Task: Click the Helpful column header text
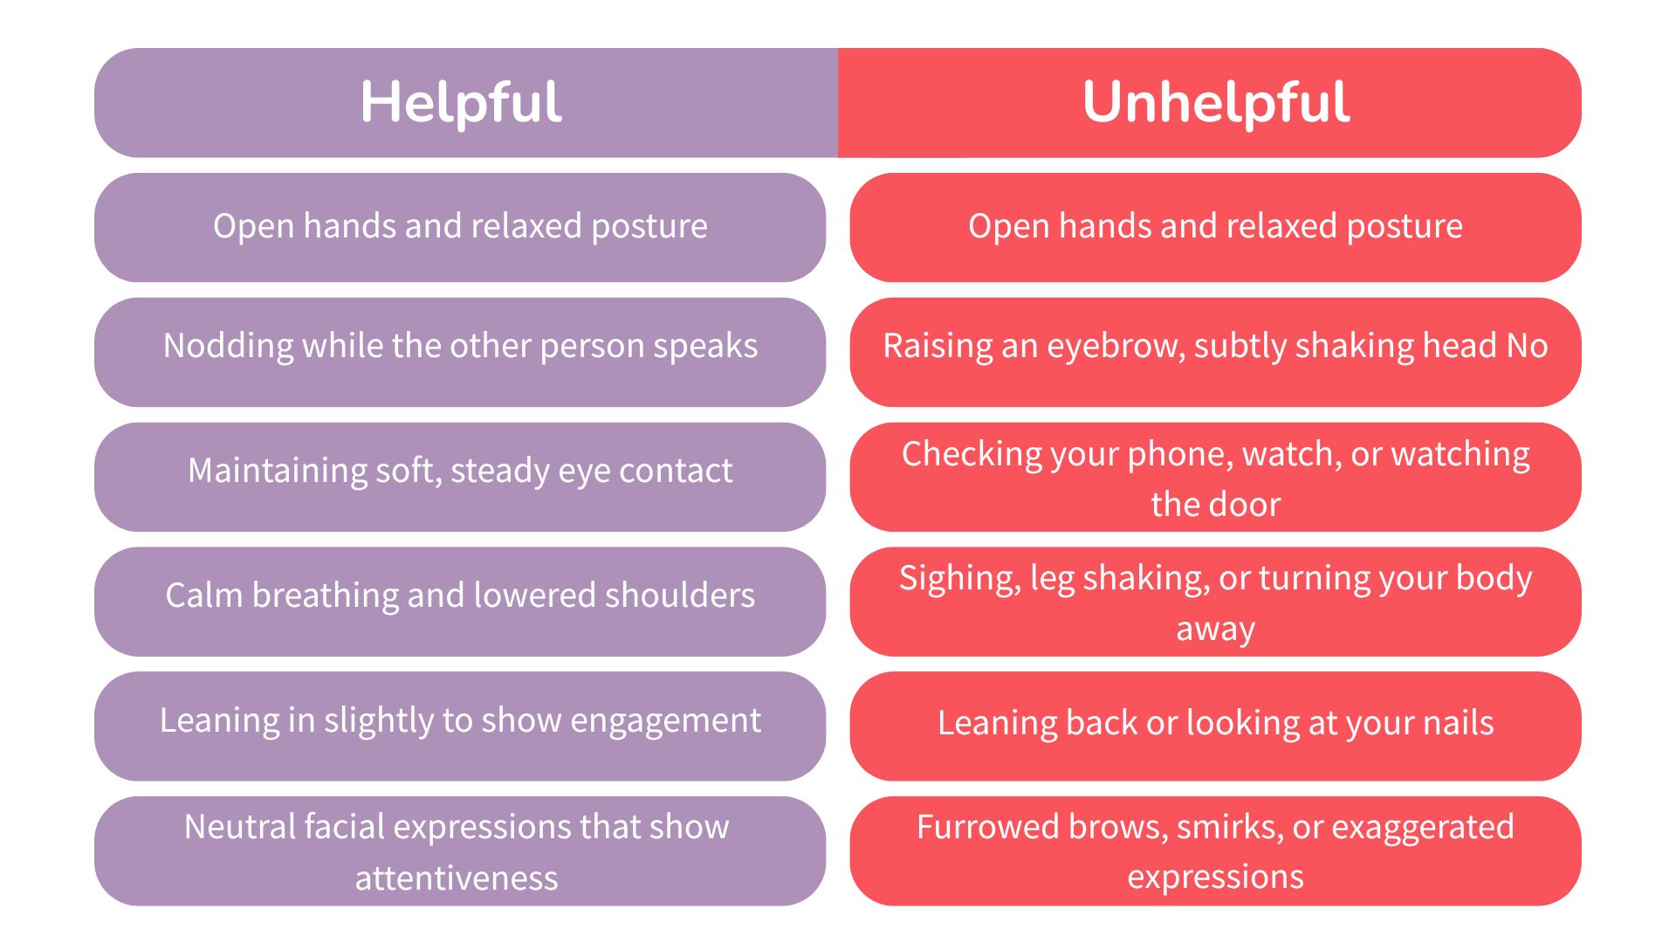(460, 103)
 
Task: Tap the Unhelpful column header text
(1216, 103)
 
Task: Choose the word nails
(1458, 723)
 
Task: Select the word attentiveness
(457, 878)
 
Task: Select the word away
(1215, 630)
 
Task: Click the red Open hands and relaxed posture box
(1215, 227)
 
